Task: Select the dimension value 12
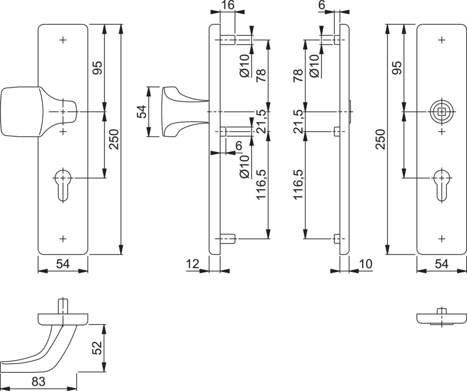coord(192,264)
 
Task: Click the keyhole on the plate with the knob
coord(63,184)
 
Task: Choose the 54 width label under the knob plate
coord(63,264)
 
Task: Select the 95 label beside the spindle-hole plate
coord(397,68)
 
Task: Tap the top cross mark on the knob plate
coord(63,40)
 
